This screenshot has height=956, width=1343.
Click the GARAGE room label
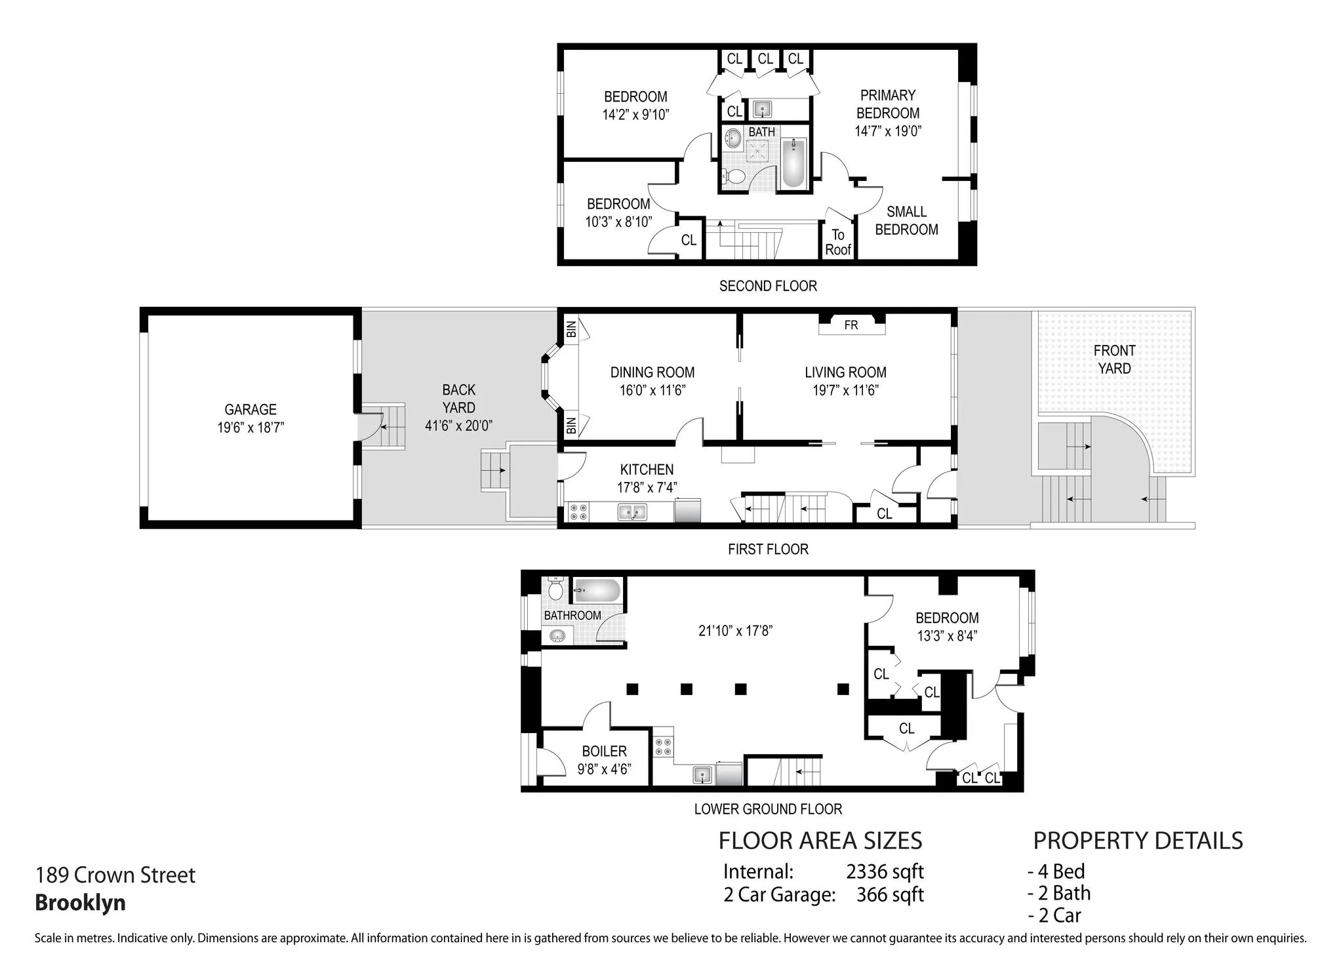[x=250, y=410]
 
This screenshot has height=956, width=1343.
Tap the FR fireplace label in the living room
[x=851, y=325]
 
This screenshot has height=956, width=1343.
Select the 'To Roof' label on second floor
[x=837, y=243]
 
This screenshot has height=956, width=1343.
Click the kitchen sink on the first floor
[x=632, y=511]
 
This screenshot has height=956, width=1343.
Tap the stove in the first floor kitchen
[x=578, y=512]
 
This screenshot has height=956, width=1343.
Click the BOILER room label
[x=604, y=751]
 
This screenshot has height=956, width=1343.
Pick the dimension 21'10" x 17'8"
[x=735, y=631]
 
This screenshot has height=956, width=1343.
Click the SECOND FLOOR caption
[x=768, y=287]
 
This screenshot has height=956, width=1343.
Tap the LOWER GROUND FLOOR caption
[x=768, y=809]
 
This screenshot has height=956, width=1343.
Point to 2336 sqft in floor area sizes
[x=885, y=871]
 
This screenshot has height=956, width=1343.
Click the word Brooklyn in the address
[x=80, y=903]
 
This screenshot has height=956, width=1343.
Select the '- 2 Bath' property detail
[x=1059, y=893]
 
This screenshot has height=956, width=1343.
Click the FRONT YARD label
[x=1114, y=359]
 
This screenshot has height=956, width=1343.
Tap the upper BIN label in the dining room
[x=571, y=329]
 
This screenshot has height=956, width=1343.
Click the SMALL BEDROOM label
[x=906, y=221]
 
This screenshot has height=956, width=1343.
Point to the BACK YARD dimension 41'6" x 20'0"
[x=458, y=426]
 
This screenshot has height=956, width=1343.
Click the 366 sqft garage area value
[x=889, y=894]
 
